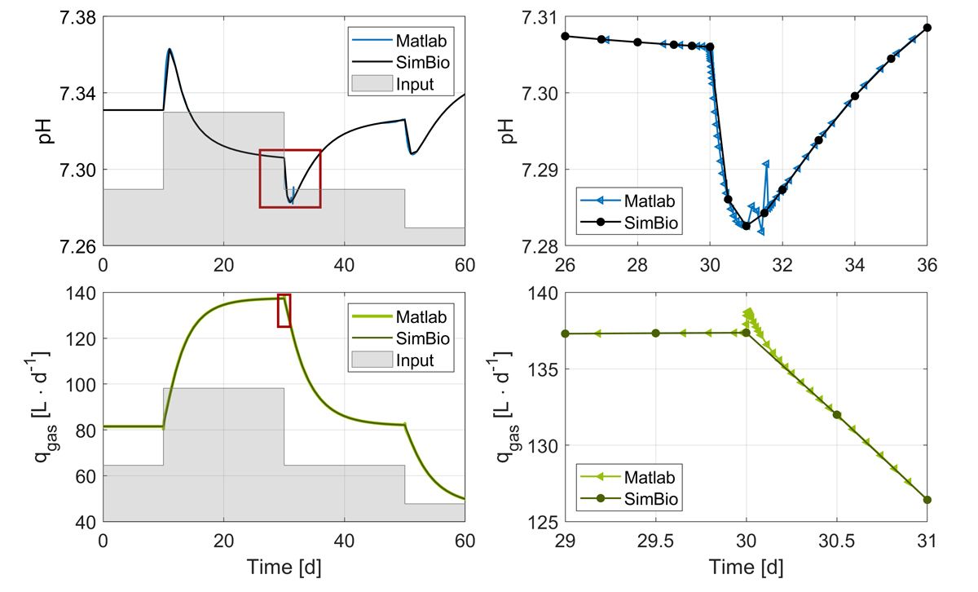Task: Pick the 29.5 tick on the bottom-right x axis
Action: pos(655,541)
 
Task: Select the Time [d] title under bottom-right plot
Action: pos(746,565)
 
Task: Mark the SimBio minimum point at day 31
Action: pos(746,226)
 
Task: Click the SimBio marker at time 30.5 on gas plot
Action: pos(836,415)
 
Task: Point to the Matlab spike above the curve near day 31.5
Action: pos(765,165)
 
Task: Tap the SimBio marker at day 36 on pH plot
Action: pos(927,28)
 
